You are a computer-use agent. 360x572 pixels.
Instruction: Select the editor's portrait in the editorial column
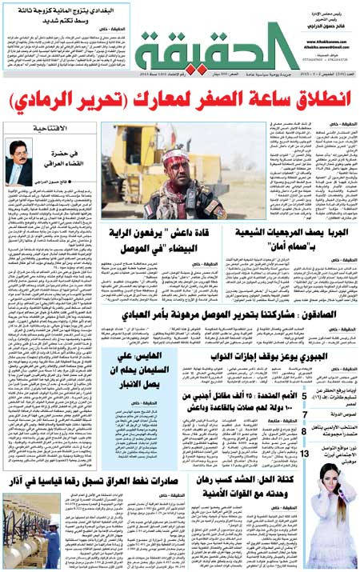[18, 161]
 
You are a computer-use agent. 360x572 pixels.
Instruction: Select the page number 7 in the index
[305, 414]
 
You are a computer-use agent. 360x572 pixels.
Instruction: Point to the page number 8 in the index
[305, 431]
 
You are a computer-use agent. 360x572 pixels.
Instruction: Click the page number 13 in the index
[305, 454]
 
